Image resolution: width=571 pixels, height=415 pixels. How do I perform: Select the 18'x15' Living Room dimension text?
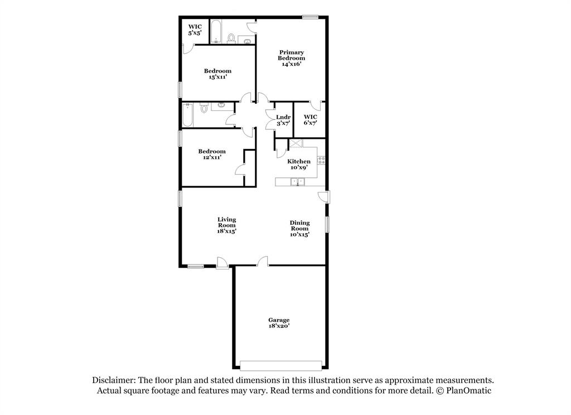pos(227,231)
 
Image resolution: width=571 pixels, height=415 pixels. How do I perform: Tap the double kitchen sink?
pos(297,181)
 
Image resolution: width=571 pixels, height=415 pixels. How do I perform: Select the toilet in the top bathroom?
pos(231,38)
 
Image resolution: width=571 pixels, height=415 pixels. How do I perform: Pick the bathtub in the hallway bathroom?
pos(188,115)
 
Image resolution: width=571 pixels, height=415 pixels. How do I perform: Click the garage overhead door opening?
pos(281,365)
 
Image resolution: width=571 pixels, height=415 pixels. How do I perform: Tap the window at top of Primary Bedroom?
pos(310,17)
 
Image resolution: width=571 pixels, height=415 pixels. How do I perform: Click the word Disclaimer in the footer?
pos(112,380)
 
